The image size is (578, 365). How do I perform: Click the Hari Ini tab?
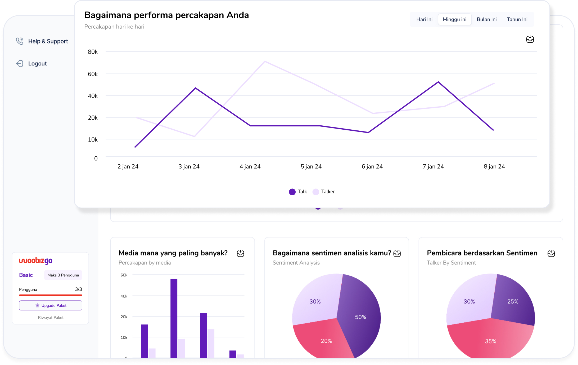click(x=424, y=19)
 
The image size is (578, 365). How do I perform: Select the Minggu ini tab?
click(x=454, y=19)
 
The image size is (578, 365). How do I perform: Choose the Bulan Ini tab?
click(x=486, y=19)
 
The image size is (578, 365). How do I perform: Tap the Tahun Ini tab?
click(x=517, y=19)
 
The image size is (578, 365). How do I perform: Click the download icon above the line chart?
click(x=530, y=39)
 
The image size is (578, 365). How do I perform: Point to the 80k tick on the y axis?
click(x=93, y=52)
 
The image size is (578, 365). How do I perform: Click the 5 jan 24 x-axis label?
click(x=311, y=166)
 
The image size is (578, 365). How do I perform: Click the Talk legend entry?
click(x=298, y=192)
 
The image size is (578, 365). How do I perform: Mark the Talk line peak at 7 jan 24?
click(x=438, y=82)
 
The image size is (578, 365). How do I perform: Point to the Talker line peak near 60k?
click(x=265, y=61)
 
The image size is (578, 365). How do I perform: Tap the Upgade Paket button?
click(x=51, y=305)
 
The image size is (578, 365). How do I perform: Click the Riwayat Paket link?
click(x=51, y=318)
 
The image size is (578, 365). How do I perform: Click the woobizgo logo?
click(x=35, y=261)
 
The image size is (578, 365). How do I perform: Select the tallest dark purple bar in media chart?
click(x=174, y=318)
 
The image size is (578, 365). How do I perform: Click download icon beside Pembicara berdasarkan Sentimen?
click(x=551, y=253)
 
